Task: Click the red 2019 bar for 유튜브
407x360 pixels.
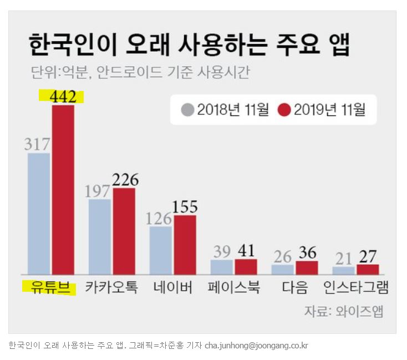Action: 63,189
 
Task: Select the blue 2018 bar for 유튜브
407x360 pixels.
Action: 39,214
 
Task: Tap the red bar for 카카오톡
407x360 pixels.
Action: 124,230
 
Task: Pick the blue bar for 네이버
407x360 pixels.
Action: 161,250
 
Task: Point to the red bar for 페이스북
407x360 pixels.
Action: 246,266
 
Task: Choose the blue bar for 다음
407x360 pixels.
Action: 282,269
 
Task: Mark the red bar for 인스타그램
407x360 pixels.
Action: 368,269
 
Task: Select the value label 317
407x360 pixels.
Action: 38,144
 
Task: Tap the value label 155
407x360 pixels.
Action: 185,207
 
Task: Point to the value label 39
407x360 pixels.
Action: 222,251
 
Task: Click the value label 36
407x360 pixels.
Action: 307,253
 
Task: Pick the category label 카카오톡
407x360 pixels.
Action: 111,288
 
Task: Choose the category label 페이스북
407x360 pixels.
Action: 234,288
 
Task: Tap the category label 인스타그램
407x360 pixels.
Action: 356,288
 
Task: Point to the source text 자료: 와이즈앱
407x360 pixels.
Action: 343,311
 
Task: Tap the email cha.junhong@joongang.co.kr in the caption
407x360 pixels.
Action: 256,345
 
